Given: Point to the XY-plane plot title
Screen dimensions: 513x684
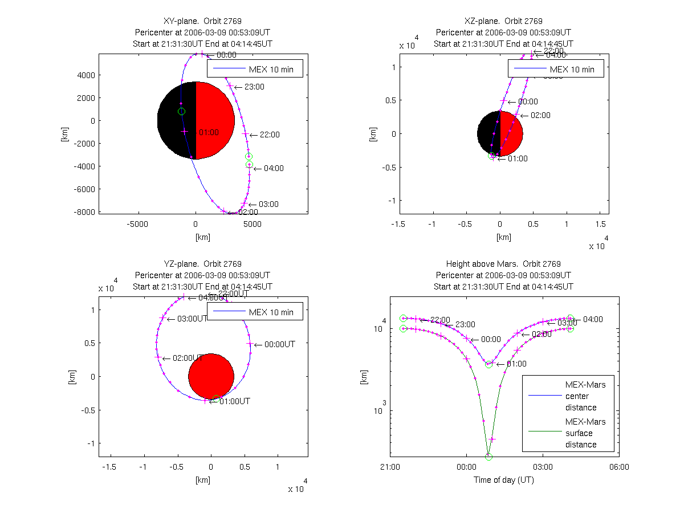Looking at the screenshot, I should [x=202, y=21].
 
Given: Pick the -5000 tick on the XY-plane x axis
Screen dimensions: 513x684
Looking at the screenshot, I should [x=137, y=224].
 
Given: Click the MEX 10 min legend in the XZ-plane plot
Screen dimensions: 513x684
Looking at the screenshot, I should [x=556, y=70].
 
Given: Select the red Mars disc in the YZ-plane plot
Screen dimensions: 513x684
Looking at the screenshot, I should [x=211, y=377].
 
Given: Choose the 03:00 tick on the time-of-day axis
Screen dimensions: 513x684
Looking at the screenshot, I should [x=543, y=467].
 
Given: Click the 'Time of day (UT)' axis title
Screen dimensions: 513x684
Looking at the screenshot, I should [x=504, y=480].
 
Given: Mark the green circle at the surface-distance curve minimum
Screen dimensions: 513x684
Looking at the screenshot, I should [x=488, y=457].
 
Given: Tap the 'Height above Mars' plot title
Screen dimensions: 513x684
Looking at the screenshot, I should [x=503, y=264].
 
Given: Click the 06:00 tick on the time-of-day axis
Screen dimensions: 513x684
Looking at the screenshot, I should [x=619, y=467].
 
